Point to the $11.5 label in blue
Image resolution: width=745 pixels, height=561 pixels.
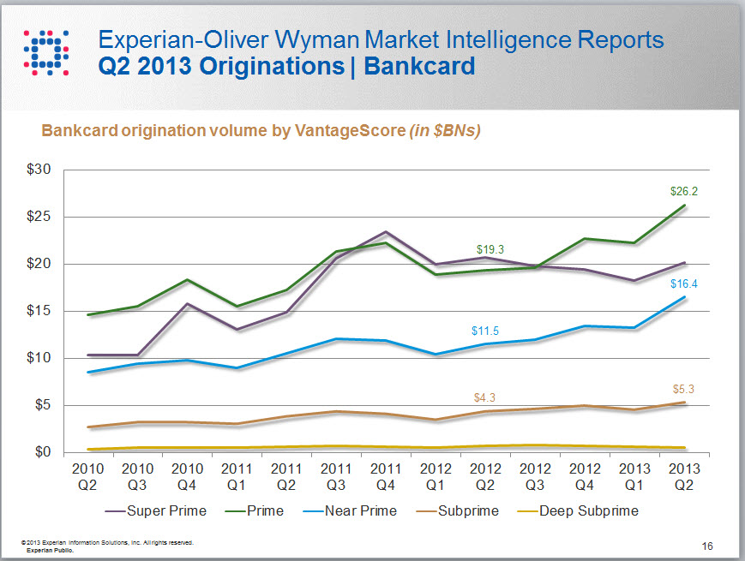pos(484,330)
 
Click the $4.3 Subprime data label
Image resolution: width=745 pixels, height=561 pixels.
pos(485,397)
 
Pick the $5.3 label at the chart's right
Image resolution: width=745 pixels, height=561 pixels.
pos(683,389)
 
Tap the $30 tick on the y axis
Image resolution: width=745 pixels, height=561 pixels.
pos(39,170)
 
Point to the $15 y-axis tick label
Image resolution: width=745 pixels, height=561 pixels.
pos(39,311)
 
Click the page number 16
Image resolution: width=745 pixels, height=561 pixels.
pos(707,546)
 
